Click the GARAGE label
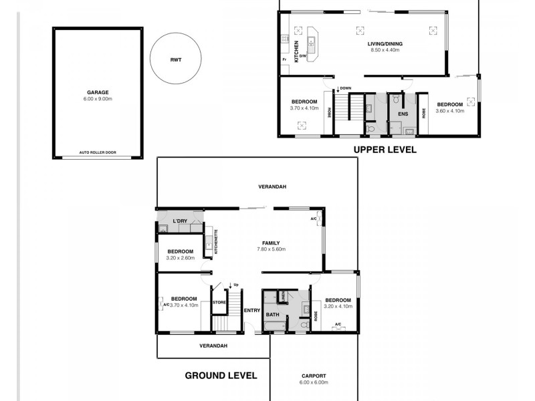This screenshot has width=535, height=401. click(98, 92)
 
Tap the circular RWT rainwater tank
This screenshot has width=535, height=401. click(175, 59)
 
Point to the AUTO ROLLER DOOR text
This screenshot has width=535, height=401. click(98, 152)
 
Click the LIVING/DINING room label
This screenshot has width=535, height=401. click(384, 44)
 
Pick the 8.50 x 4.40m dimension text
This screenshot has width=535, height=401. click(384, 51)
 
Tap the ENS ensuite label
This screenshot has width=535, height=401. click(403, 114)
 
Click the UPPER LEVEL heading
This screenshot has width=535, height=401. click(385, 150)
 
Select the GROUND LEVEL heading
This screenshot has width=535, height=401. click(221, 376)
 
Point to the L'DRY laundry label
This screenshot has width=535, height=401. click(180, 221)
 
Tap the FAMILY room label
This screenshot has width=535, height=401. click(271, 243)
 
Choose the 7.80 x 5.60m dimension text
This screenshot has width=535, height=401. click(271, 249)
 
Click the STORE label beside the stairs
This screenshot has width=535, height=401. click(219, 303)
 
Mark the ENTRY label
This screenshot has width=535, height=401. click(252, 310)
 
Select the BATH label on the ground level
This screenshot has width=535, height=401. click(272, 313)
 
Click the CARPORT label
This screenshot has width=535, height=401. click(314, 376)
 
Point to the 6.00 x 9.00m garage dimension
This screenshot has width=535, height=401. click(98, 99)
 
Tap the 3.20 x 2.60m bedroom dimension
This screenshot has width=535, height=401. click(181, 257)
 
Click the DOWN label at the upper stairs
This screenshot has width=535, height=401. click(345, 88)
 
